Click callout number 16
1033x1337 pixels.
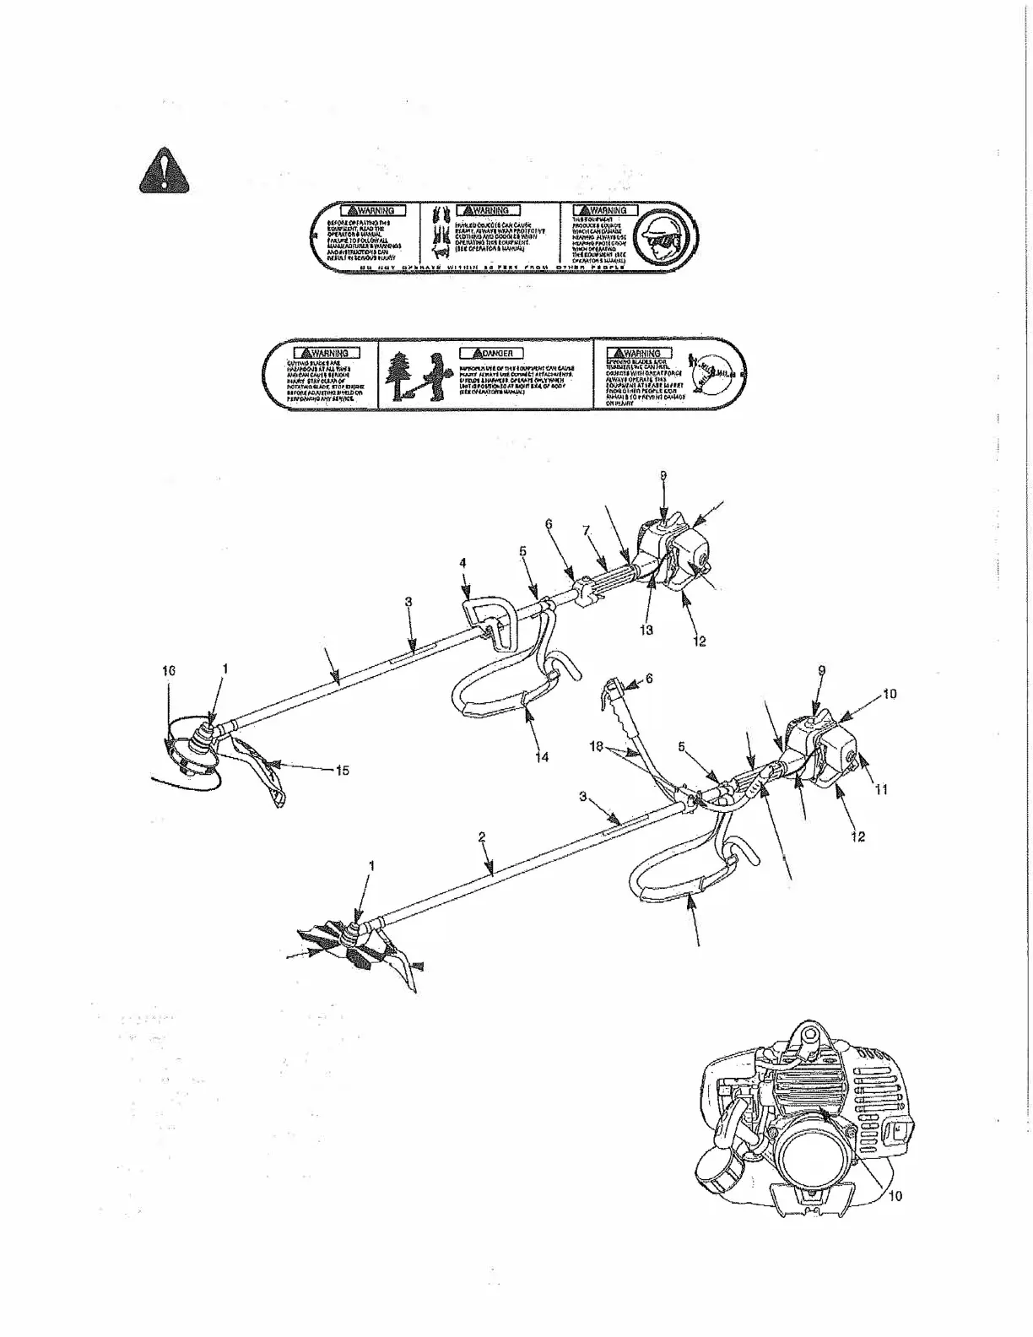coord(169,670)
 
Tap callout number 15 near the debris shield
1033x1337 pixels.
coord(343,770)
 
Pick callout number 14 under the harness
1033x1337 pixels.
coord(542,757)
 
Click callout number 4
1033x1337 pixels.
coord(464,562)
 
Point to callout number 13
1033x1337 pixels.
coord(647,629)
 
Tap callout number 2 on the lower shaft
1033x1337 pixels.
coord(482,836)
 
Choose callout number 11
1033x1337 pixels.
coord(881,789)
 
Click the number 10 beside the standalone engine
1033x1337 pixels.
coord(895,1195)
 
